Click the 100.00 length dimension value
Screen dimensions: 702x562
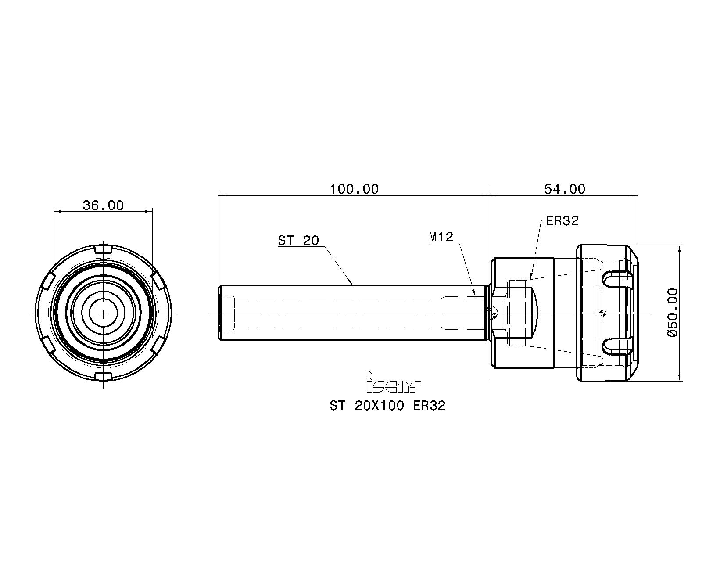tap(354, 189)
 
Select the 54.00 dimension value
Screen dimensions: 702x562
tap(565, 189)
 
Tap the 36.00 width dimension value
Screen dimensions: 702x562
tap(103, 206)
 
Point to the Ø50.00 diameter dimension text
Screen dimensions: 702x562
tap(672, 313)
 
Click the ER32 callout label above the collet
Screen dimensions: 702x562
tap(562, 221)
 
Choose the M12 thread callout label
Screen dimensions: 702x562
tap(441, 238)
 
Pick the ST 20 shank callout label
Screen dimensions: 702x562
tap(298, 241)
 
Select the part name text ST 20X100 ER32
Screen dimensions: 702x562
tap(387, 406)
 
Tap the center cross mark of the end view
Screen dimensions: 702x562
tap(104, 313)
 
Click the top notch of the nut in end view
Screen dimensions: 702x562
tap(104, 249)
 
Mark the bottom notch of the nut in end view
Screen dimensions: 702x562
tap(104, 377)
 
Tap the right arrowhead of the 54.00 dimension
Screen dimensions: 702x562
tap(634, 196)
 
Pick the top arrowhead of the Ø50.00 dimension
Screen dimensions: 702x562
tap(680, 249)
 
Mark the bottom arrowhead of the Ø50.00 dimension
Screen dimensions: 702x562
tap(680, 377)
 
